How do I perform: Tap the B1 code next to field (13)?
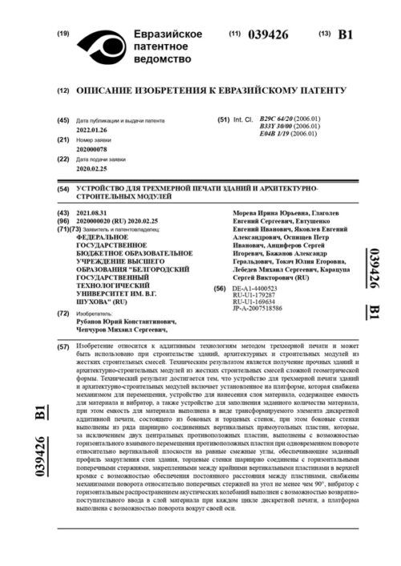pyautogui.click(x=346, y=34)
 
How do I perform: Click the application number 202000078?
pyautogui.click(x=92, y=148)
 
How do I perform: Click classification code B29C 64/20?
pyautogui.click(x=277, y=119)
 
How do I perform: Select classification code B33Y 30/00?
pyautogui.click(x=277, y=126)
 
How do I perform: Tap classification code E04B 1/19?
pyautogui.click(x=277, y=133)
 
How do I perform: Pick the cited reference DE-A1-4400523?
pyautogui.click(x=255, y=287)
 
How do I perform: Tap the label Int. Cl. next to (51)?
pyautogui.click(x=242, y=119)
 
